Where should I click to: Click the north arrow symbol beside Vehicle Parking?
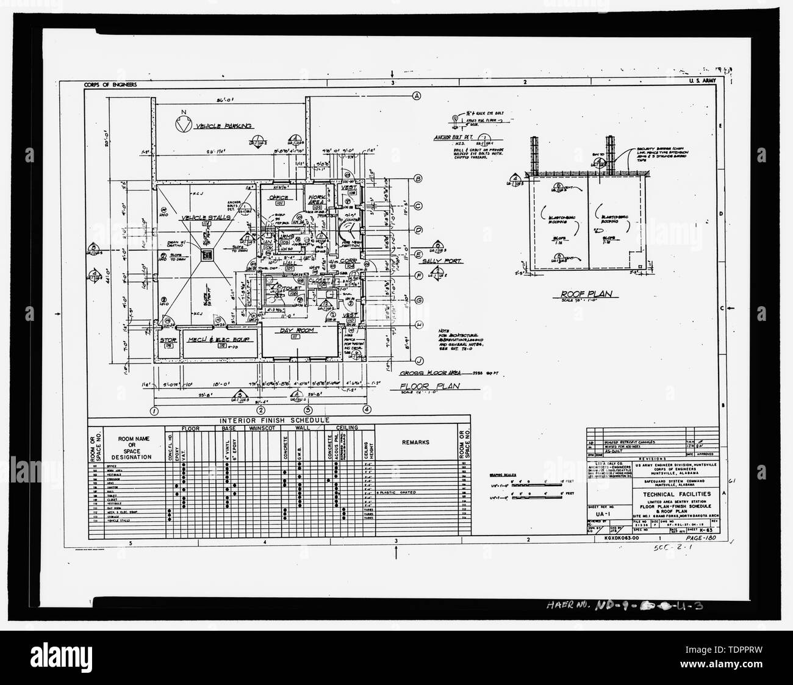click(x=181, y=125)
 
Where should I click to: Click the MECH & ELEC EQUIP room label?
click(x=212, y=339)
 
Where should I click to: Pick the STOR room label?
click(x=168, y=340)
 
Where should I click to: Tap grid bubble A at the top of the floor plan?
click(x=418, y=95)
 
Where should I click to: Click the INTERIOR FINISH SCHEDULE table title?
click(x=279, y=420)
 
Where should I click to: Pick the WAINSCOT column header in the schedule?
click(x=262, y=428)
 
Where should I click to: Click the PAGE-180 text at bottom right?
click(x=699, y=539)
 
